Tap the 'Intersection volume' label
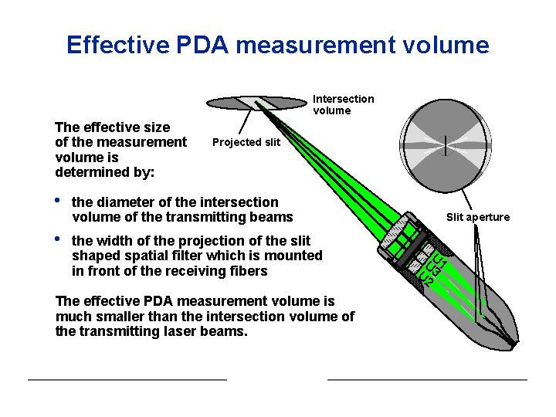click(343, 104)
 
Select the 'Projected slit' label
click(246, 142)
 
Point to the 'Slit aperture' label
click(478, 217)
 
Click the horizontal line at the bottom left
click(127, 379)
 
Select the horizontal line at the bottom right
click(427, 379)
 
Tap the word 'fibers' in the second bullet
click(249, 270)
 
